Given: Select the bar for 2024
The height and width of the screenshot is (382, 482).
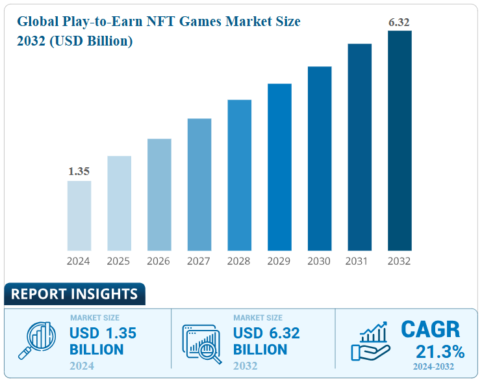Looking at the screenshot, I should [x=79, y=215].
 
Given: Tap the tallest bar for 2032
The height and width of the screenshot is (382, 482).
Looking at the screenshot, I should [x=400, y=141].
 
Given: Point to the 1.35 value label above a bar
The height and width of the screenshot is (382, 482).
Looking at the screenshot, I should [x=79, y=172].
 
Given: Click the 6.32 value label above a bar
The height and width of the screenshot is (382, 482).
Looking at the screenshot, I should [x=399, y=23].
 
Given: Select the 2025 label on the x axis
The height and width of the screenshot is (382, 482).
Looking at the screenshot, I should [x=119, y=261].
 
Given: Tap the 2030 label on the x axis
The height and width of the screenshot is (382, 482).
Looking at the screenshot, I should [x=319, y=261].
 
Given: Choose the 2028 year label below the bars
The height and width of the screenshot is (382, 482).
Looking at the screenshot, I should [x=239, y=261].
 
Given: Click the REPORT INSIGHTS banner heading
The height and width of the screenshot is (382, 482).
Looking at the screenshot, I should [x=74, y=294].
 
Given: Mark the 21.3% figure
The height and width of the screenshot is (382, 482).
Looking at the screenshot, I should [x=440, y=352].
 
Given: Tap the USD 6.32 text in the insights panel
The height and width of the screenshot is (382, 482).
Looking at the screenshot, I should [x=266, y=333].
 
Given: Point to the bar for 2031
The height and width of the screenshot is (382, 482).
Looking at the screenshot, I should [x=359, y=147].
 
